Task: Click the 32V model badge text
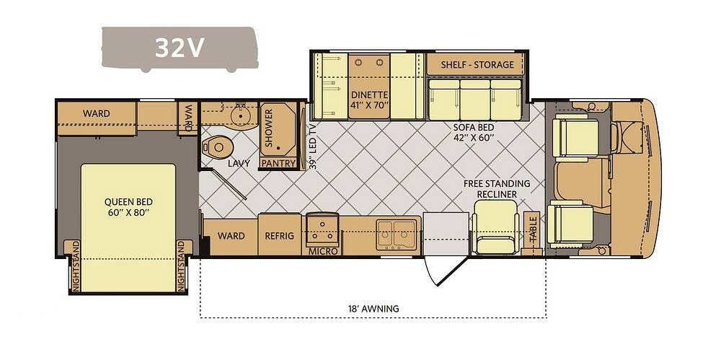pos(179,47)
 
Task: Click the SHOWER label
pos(269,128)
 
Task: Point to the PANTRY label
pos(278,163)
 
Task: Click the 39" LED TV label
pos(313,146)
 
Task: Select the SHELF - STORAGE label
pos(477,64)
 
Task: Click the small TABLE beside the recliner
pos(533,234)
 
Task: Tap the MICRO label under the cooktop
pos(323,251)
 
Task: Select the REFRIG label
pos(279,236)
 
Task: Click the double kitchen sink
pos(397,234)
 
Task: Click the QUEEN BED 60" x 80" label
pos(128,207)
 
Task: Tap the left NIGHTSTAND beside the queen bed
pos(75,266)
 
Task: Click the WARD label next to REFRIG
pos(231,236)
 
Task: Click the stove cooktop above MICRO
pos(323,229)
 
